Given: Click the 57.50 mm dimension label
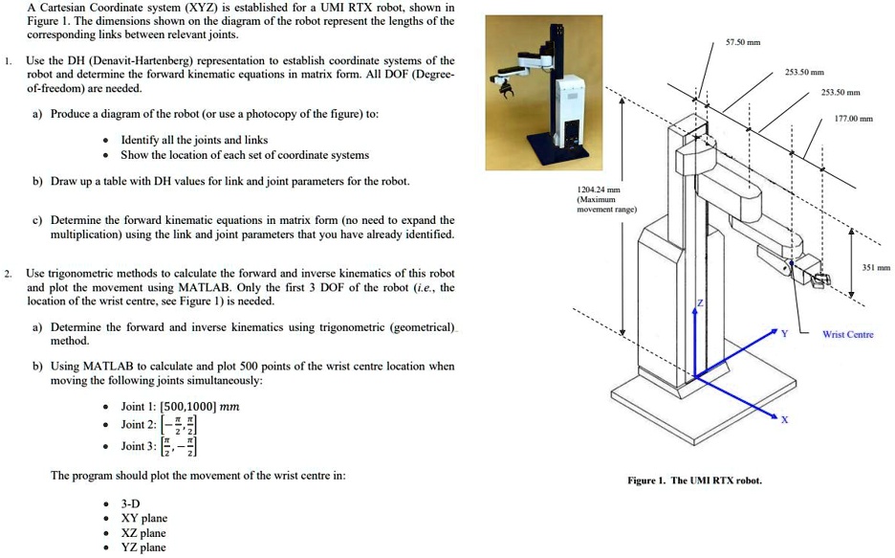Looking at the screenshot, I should pos(742,43).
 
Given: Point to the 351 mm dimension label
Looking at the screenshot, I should pos(876,269).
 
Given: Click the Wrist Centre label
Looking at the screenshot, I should pos(847,334).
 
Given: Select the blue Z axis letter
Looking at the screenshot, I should pos(699,301).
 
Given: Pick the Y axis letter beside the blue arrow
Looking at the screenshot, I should pos(784,334).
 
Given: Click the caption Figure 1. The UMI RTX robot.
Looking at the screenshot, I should pos(694,480).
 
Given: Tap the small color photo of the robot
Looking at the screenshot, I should pos(543,92).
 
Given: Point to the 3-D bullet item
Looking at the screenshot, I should pos(131,503).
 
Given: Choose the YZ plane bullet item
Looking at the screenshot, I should pos(143,547).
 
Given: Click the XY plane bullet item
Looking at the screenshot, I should pos(143,519).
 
